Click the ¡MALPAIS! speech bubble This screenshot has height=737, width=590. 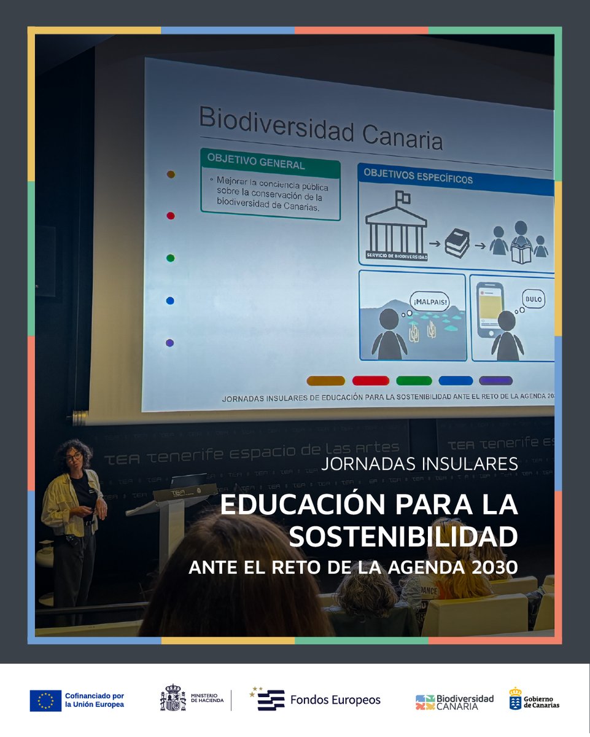pyautogui.click(x=430, y=302)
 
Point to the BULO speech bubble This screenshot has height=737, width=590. pyautogui.click(x=534, y=299)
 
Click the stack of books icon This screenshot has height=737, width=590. pyautogui.click(x=457, y=243)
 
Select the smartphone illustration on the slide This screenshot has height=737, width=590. pyautogui.click(x=490, y=310)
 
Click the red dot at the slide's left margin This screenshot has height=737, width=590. pyautogui.click(x=171, y=216)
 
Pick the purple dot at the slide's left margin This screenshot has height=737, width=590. pyautogui.click(x=170, y=343)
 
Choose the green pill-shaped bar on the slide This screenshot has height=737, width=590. pyautogui.click(x=414, y=381)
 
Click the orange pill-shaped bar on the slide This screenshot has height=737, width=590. pyautogui.click(x=325, y=381)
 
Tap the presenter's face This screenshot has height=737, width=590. pyautogui.click(x=74, y=458)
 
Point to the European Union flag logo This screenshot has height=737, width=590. pyautogui.click(x=45, y=701)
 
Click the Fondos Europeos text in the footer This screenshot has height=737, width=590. pyautogui.click(x=335, y=700)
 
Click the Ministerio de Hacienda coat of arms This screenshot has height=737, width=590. pyautogui.click(x=173, y=698)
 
